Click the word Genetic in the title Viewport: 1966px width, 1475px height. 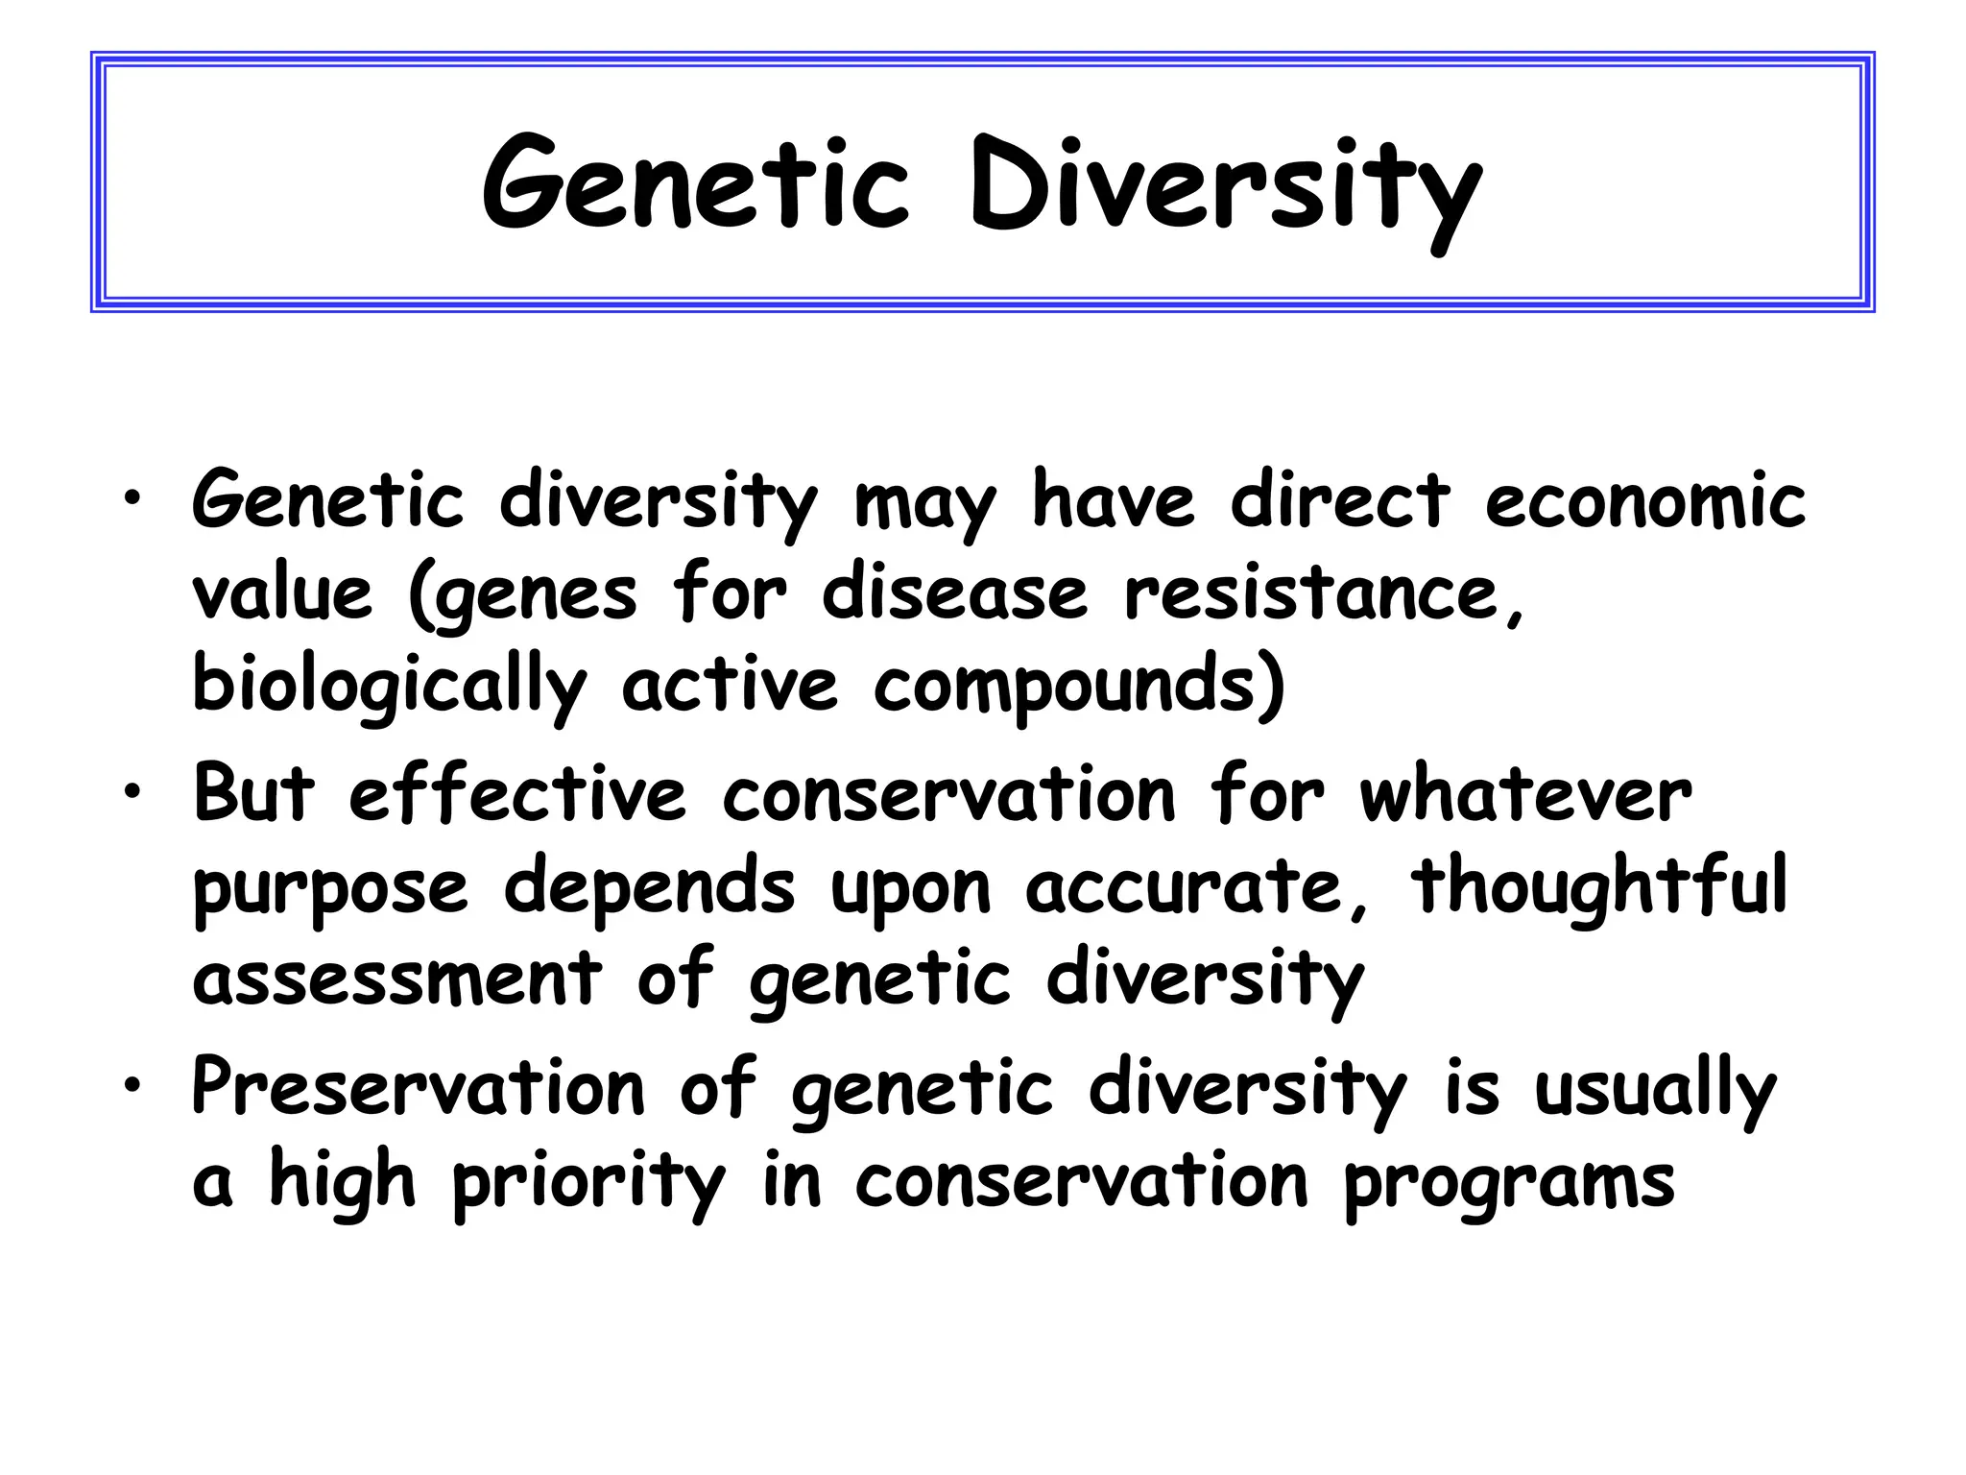(x=695, y=185)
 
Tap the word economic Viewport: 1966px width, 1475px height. (x=1645, y=500)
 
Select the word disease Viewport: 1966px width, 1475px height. (x=954, y=592)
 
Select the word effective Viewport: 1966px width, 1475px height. (x=517, y=794)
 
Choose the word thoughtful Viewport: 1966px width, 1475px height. (x=1599, y=886)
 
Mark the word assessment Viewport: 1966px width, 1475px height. (x=397, y=979)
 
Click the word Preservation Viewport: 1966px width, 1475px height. (x=419, y=1087)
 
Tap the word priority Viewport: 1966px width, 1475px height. (x=588, y=1181)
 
